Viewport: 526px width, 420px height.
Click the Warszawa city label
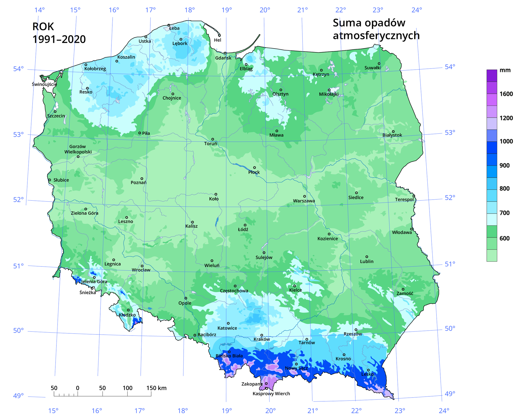[x=304, y=201]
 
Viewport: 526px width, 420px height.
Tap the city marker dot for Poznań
[x=142, y=179]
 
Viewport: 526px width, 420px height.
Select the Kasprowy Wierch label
[x=271, y=394]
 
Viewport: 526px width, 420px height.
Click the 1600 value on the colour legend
[x=506, y=94]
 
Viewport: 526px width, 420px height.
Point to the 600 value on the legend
[x=504, y=238]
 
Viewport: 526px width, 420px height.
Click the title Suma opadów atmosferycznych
[x=376, y=29]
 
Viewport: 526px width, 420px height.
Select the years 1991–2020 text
[x=59, y=39]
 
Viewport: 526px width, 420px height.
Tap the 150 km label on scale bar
[x=156, y=388]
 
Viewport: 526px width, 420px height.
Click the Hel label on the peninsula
[x=218, y=40]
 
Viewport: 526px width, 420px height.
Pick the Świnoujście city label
[x=44, y=84]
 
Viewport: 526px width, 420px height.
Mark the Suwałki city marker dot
[x=379, y=64]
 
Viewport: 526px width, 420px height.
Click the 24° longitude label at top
[x=416, y=10]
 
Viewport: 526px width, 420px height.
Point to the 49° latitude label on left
[x=18, y=396]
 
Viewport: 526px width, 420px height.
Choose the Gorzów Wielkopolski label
[x=78, y=149]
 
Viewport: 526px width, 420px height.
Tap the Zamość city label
[x=405, y=293]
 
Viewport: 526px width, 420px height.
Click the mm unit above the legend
[x=505, y=70]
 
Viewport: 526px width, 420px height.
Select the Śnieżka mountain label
[x=88, y=293]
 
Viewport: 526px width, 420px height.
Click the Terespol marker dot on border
[x=414, y=196]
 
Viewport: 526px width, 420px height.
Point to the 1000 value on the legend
[x=506, y=141]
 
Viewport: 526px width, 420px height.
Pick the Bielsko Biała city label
[x=229, y=356]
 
